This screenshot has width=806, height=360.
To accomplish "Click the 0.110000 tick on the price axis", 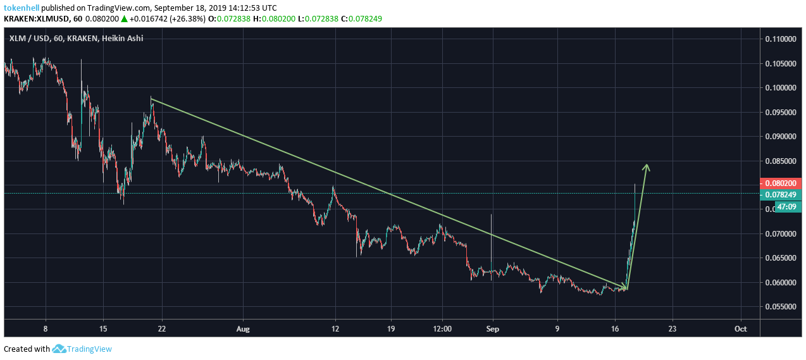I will (x=781, y=39).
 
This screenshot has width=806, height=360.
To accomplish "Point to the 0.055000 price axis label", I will (x=781, y=307).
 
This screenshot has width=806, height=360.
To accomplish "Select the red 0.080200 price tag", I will (x=781, y=183).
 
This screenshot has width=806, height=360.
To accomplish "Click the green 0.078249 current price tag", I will (x=781, y=194).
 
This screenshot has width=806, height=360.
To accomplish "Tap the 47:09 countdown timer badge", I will (x=781, y=206).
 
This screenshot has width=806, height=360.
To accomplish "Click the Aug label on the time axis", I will (x=242, y=329).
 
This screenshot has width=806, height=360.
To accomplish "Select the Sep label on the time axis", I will (x=492, y=329).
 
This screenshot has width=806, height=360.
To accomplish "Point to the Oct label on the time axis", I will (x=741, y=329).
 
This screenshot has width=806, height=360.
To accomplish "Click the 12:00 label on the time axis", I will (x=442, y=329).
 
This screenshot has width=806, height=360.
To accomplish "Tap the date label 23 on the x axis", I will (x=672, y=329).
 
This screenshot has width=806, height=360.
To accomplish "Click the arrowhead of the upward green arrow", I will (x=647, y=166).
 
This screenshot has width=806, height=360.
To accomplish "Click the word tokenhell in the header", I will (x=22, y=8).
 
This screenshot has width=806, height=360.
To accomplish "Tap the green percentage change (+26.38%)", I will (x=193, y=19).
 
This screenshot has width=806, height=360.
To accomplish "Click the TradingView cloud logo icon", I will (x=59, y=349).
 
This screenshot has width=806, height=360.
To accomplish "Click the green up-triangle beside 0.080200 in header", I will (x=125, y=19).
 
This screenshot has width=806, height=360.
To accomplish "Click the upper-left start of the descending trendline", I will (x=151, y=99).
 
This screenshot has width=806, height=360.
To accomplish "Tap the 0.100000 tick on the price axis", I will (x=781, y=88).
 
